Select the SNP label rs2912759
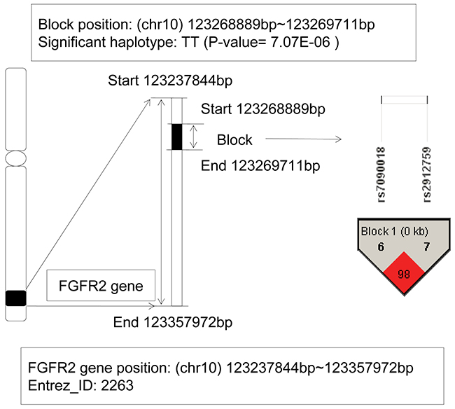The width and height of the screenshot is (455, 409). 426,173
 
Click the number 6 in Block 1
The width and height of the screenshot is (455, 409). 381,247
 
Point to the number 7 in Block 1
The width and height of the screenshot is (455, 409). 426,247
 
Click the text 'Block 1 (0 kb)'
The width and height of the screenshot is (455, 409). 395,231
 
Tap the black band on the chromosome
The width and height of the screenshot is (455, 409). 15,298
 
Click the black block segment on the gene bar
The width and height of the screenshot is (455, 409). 177,136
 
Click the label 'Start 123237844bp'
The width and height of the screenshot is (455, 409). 170,80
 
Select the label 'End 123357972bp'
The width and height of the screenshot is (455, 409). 172,322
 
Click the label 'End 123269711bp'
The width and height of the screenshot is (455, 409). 260,166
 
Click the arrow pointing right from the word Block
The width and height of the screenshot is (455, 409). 302,139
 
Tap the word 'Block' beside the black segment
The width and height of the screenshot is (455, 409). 234,139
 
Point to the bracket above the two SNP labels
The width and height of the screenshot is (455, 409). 404,98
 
